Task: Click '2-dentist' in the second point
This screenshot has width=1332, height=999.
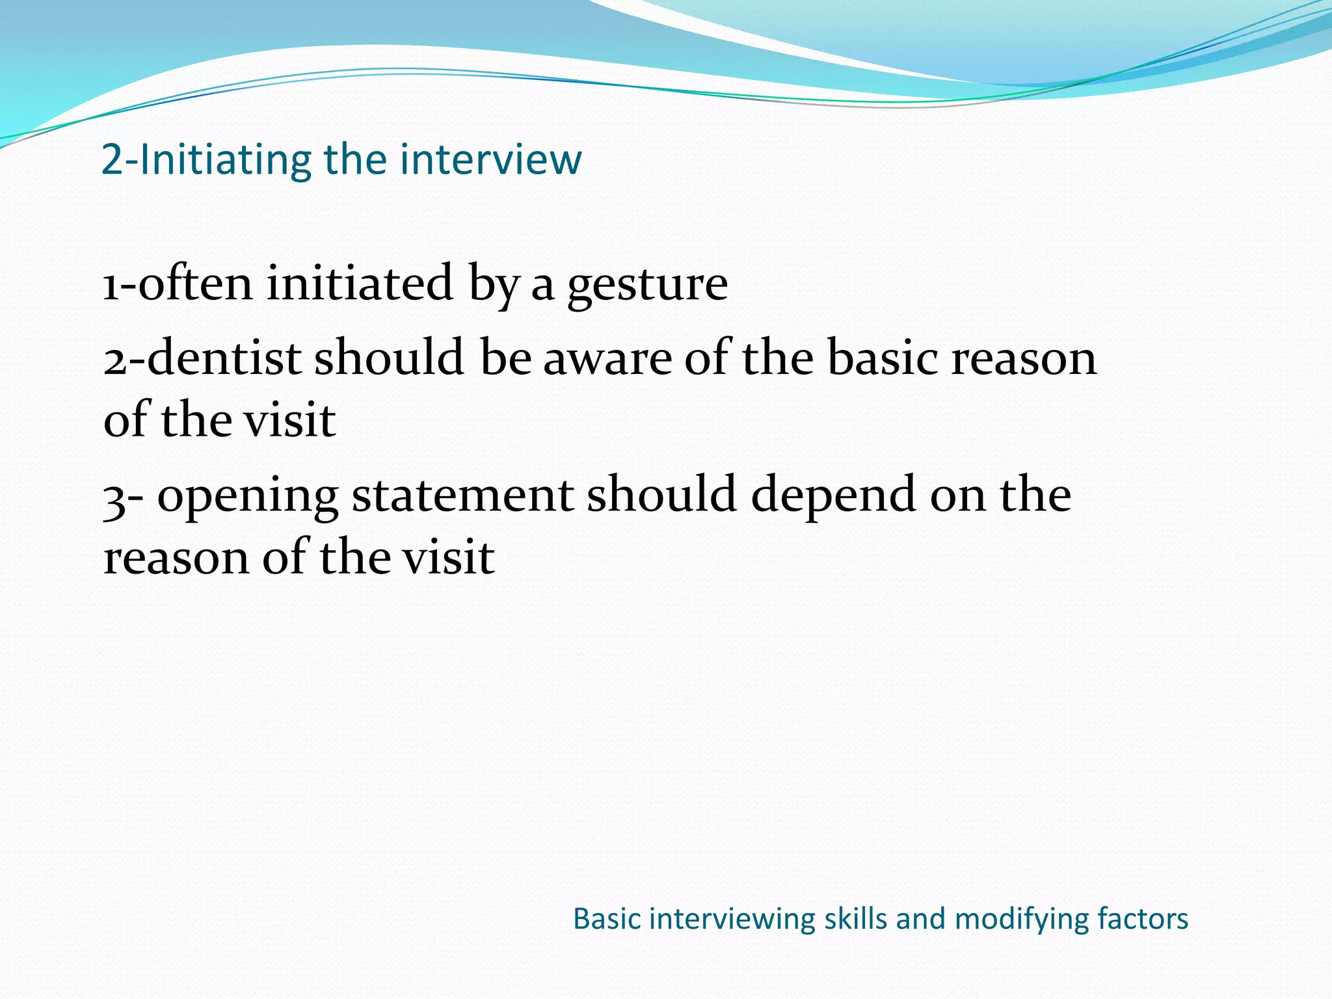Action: tap(202, 358)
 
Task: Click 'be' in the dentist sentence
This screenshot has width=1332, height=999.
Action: tap(506, 358)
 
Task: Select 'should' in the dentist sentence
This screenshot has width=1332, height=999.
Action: tap(389, 358)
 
